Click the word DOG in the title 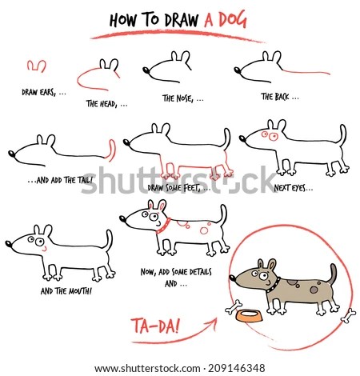coord(232,20)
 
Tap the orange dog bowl coord(249,316)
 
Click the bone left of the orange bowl coord(234,307)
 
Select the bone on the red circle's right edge coord(348,316)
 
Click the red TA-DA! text coord(155,326)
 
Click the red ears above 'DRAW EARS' coord(37,66)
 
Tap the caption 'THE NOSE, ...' coord(183,98)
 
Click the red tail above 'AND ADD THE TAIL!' coord(111,150)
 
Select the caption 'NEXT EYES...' coord(294,188)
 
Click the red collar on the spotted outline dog coord(164,226)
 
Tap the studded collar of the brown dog coord(274,286)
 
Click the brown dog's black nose coord(233,278)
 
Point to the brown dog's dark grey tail coord(332,274)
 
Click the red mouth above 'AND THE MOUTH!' coord(44,249)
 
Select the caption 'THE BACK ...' coord(280,97)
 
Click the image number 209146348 coord(236,368)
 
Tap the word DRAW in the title coord(182,20)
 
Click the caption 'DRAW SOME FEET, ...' coord(179,188)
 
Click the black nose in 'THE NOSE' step coord(146,70)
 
